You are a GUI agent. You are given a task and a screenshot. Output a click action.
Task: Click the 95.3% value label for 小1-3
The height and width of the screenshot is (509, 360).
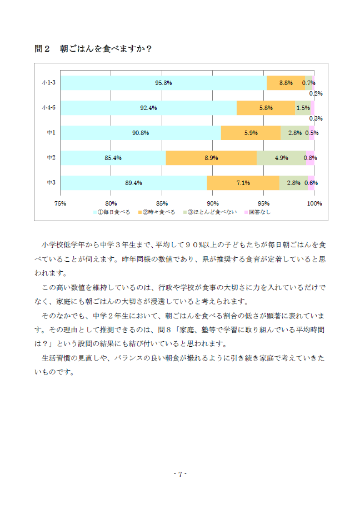click(x=163, y=83)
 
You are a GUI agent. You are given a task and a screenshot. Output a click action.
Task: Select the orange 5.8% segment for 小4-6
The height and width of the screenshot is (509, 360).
click(x=266, y=108)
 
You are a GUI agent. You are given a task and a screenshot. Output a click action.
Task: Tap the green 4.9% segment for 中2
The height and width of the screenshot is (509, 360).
click(x=282, y=158)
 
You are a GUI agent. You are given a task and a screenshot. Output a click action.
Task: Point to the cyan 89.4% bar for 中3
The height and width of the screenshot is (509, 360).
click(x=134, y=183)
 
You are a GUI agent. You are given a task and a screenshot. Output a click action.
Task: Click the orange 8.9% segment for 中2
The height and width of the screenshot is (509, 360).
click(x=211, y=158)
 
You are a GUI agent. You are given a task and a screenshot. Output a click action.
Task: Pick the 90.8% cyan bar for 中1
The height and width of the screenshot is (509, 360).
click(x=141, y=133)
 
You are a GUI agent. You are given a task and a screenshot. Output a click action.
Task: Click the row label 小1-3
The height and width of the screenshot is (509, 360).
click(x=49, y=82)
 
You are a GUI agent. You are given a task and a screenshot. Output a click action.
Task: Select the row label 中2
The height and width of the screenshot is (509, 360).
click(x=51, y=157)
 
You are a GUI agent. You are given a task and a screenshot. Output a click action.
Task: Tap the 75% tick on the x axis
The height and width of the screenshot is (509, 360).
click(x=60, y=203)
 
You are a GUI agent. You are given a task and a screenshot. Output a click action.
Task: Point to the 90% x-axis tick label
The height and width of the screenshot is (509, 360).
click(x=213, y=203)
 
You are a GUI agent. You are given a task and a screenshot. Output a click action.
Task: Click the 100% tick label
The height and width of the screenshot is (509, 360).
click(x=314, y=203)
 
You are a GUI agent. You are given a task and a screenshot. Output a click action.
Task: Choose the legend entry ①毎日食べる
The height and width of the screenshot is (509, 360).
click(x=112, y=212)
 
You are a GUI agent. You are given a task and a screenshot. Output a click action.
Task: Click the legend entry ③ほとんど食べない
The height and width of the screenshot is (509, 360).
click(x=210, y=212)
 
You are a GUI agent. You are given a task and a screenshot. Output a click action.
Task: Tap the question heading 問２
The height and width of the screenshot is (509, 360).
click(x=42, y=49)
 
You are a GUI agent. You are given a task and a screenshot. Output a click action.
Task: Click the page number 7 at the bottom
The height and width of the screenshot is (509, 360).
click(x=180, y=474)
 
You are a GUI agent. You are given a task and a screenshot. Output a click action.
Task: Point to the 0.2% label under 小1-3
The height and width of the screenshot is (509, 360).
click(x=316, y=93)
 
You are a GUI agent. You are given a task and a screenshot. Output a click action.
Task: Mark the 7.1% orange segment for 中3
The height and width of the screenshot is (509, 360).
click(x=243, y=183)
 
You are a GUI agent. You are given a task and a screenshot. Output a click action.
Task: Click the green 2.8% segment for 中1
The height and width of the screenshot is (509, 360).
click(x=295, y=133)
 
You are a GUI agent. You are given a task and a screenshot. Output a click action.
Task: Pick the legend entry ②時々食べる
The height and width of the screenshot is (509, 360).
click(x=157, y=212)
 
